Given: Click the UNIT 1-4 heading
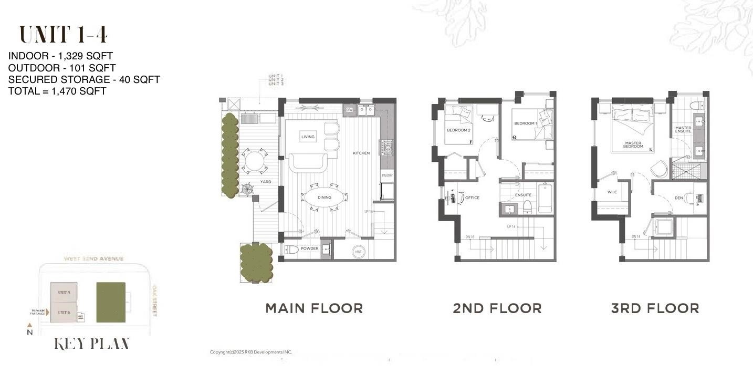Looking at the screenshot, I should tap(64, 35).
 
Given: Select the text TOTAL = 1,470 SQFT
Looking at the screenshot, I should tap(57, 91).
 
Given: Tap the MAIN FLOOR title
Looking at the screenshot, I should tap(314, 308).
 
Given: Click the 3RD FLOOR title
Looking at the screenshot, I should tap(655, 308).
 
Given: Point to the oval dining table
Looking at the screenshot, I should tap(324, 198).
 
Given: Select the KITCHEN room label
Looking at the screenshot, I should tap(361, 153).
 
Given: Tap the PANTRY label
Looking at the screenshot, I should tap(387, 175).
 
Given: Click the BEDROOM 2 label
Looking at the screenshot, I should tap(458, 130).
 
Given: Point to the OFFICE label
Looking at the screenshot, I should tap(472, 198).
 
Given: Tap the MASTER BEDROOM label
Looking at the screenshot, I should tap(633, 144).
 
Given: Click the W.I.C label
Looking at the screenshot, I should tap(612, 192).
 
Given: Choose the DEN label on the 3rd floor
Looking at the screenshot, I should tap(678, 198).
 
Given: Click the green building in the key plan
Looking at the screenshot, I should tap(111, 303).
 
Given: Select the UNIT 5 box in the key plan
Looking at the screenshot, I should tap(64, 292).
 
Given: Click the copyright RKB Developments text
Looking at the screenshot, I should tap(250, 352).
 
